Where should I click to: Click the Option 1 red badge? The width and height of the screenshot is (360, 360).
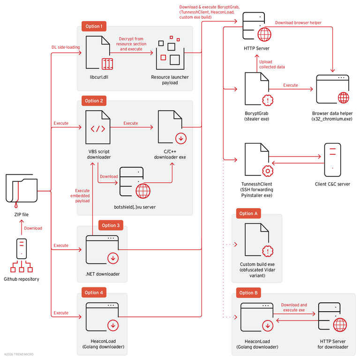tap(94, 26)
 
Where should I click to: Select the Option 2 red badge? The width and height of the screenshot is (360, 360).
tap(94, 101)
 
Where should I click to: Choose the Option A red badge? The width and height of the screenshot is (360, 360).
tap(248, 214)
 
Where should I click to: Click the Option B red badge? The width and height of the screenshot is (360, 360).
tap(248, 292)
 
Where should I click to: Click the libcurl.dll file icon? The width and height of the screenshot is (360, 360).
tap(99, 52)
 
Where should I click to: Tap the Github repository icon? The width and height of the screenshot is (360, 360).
tap(21, 255)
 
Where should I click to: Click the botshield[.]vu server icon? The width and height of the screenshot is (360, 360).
tap(134, 183)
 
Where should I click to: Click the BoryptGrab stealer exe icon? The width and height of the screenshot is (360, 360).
tap(256, 90)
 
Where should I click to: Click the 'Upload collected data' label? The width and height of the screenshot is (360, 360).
tap(272, 64)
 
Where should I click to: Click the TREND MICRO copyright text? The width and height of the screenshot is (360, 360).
tap(19, 354)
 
